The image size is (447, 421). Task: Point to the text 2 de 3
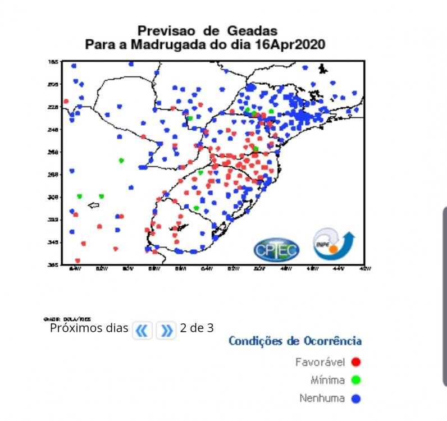197,328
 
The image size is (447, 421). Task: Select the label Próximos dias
89,328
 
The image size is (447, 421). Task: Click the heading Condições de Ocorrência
295,341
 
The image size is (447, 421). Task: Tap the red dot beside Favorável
355,362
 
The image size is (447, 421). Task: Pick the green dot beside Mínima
355,380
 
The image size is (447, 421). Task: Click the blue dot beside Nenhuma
355,399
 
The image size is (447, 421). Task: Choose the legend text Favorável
320,362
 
